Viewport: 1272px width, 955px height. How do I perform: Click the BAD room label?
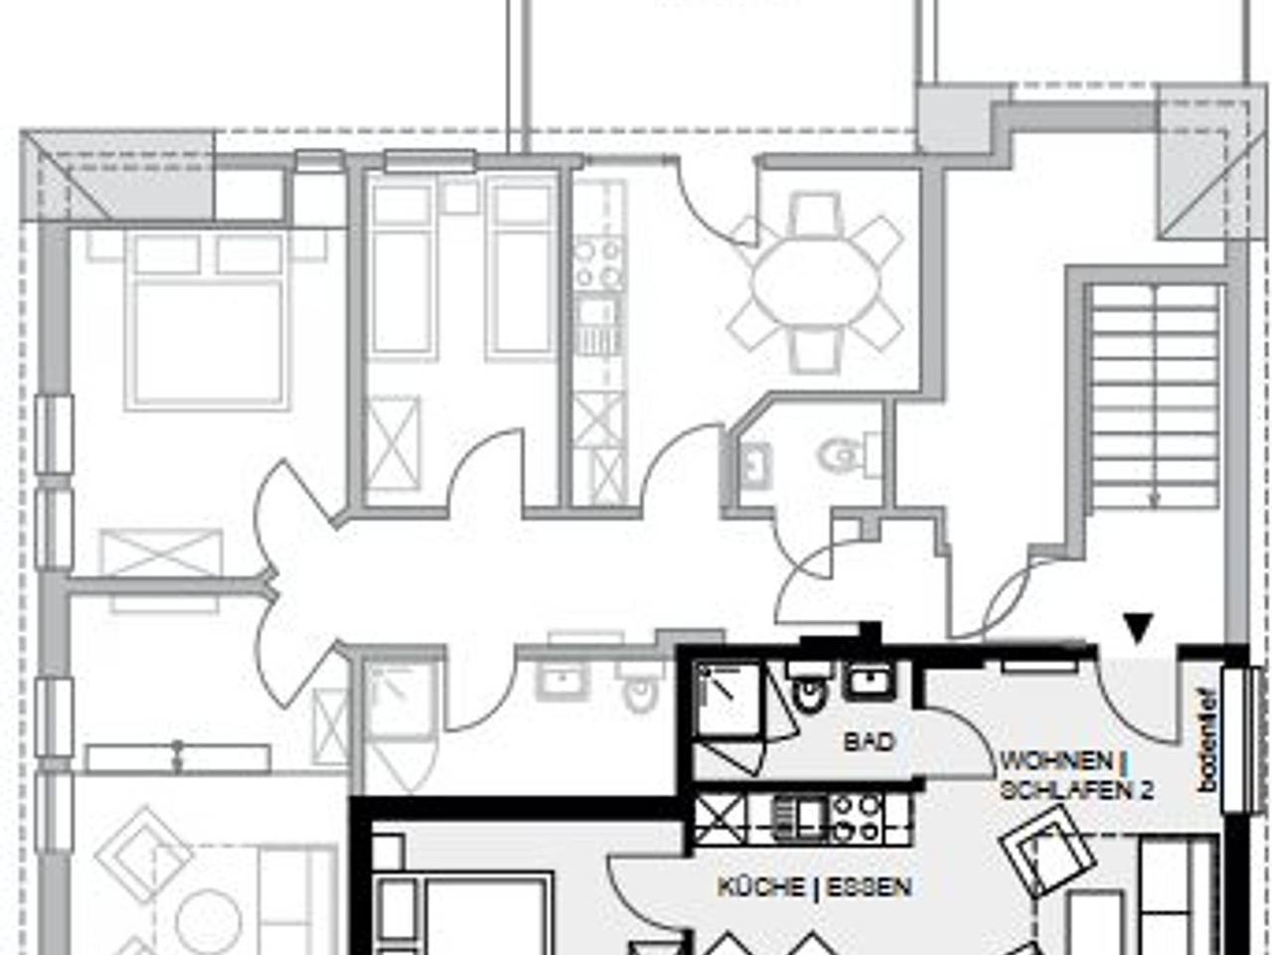pos(869,742)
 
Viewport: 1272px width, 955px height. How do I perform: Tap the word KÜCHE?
pos(761,887)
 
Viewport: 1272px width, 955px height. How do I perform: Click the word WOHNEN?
pos(1056,761)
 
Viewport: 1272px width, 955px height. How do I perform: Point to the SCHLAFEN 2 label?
pos(1076,790)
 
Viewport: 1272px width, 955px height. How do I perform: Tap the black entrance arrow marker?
pos(1138,628)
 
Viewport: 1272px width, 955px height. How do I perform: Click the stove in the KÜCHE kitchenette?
pos(857,818)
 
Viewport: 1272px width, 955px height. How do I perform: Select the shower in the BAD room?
pos(728,700)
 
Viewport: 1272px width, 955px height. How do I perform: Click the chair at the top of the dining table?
pos(817,214)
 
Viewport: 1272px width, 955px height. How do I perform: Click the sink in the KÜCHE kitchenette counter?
pos(799,818)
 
